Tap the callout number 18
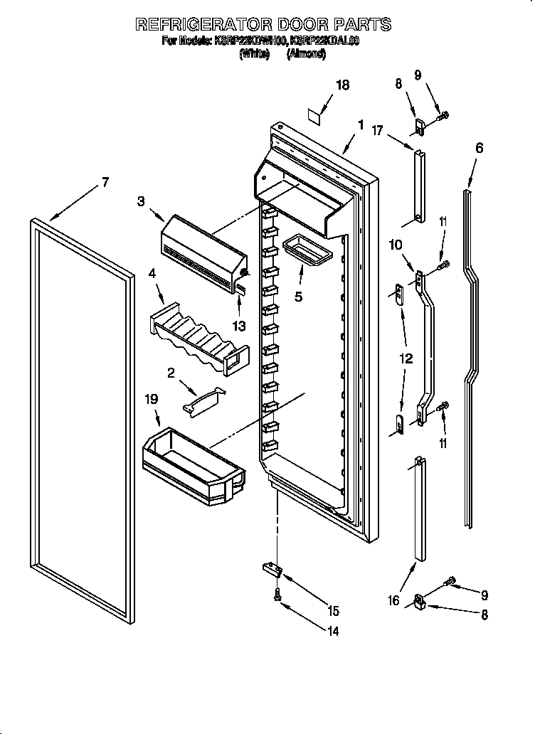[342, 85]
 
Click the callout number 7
[105, 182]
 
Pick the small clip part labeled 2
[202, 401]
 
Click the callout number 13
[239, 326]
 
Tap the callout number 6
[479, 148]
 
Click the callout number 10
[396, 245]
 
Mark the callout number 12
[406, 358]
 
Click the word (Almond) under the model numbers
[306, 54]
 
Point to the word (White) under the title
[255, 54]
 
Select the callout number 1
[361, 125]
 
